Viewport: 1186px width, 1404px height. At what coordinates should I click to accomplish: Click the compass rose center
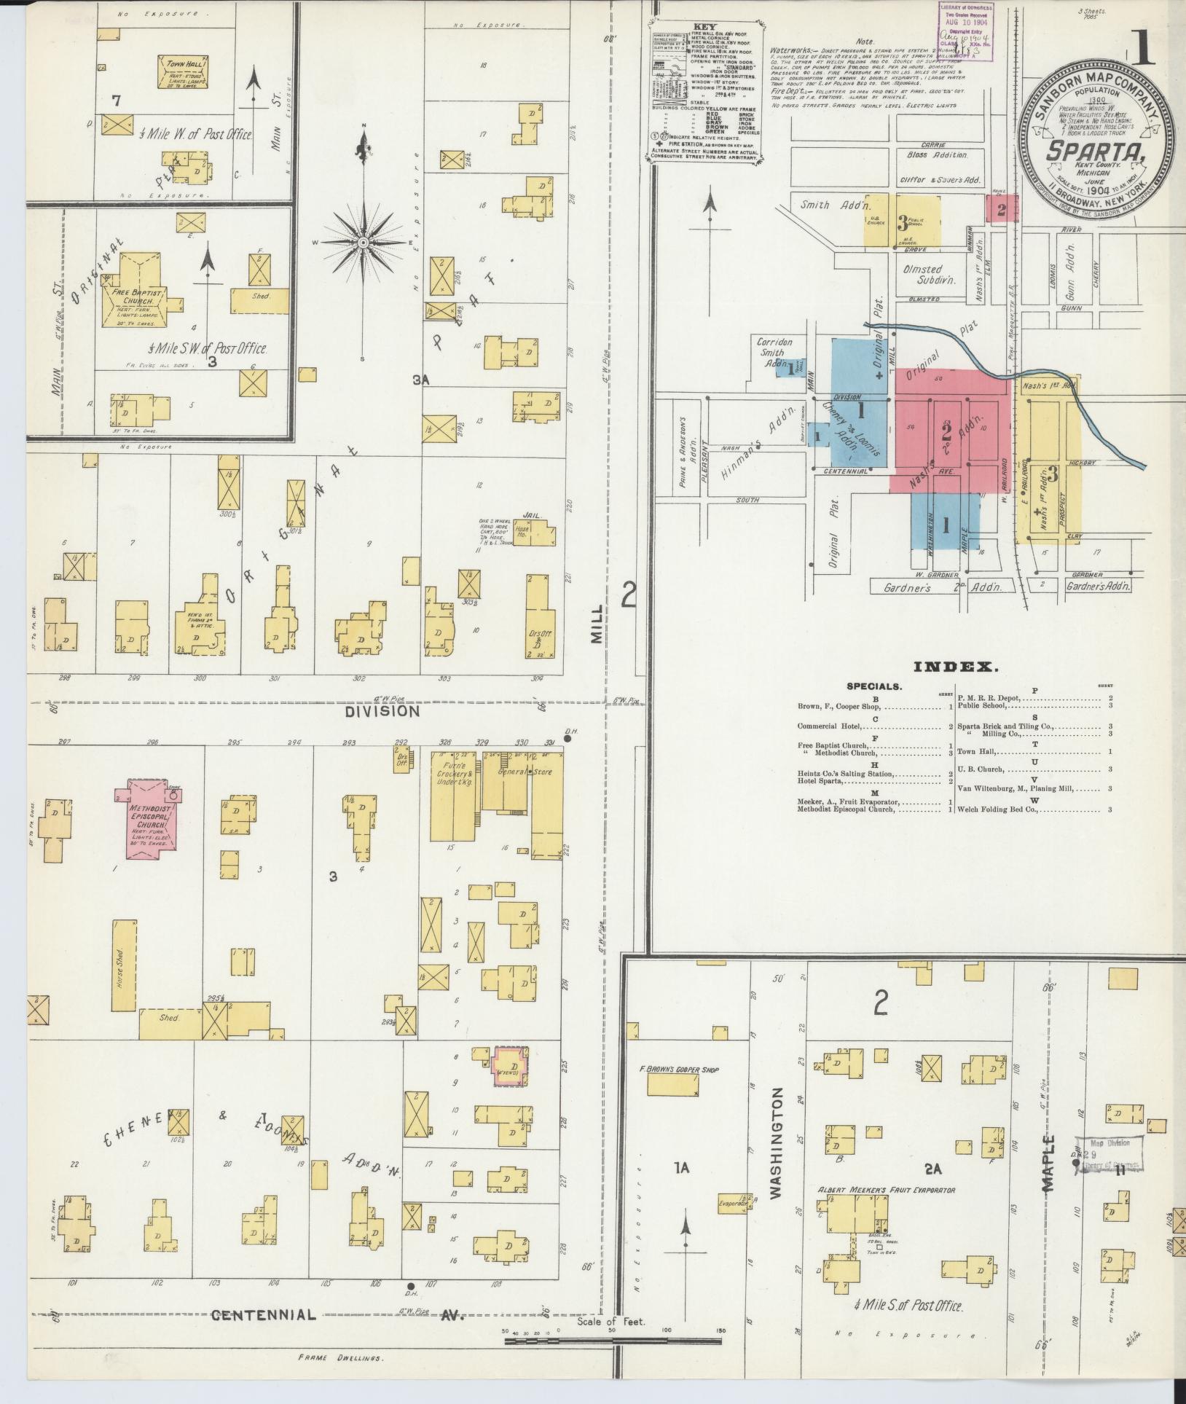click(x=362, y=241)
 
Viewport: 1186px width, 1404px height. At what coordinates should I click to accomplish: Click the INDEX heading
click(x=955, y=666)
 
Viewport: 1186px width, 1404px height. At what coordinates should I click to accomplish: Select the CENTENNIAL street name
click(x=264, y=1314)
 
